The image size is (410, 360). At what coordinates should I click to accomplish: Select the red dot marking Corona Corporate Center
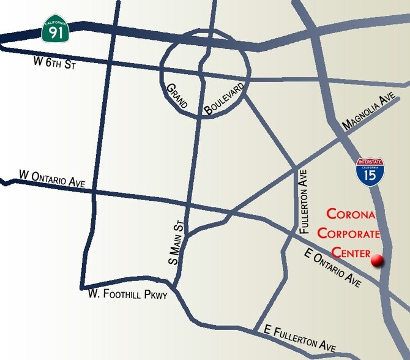click(x=378, y=260)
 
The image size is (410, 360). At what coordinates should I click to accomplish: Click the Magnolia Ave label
click(x=367, y=116)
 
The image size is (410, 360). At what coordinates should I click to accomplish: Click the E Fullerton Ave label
click(x=296, y=337)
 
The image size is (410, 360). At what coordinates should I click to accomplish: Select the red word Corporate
click(x=348, y=233)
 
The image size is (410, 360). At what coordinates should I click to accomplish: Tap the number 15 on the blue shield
click(x=370, y=176)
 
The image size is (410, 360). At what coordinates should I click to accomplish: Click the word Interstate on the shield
click(x=370, y=162)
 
